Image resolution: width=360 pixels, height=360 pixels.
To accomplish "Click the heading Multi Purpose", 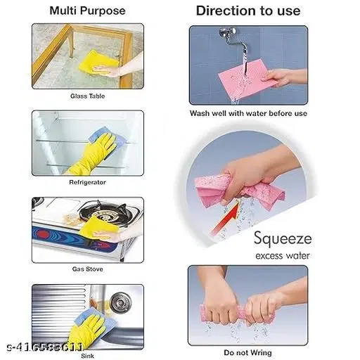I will pyautogui.click(x=88, y=11).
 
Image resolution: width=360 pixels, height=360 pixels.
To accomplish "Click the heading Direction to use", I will pyautogui.click(x=247, y=11).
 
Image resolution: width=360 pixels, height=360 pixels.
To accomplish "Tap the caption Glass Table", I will pyautogui.click(x=87, y=96).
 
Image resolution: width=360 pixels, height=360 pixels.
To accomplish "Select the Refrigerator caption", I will pyautogui.click(x=87, y=181).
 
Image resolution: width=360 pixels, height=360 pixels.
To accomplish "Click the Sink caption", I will pyautogui.click(x=87, y=355).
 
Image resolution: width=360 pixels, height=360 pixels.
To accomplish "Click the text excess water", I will pyautogui.click(x=283, y=255).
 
